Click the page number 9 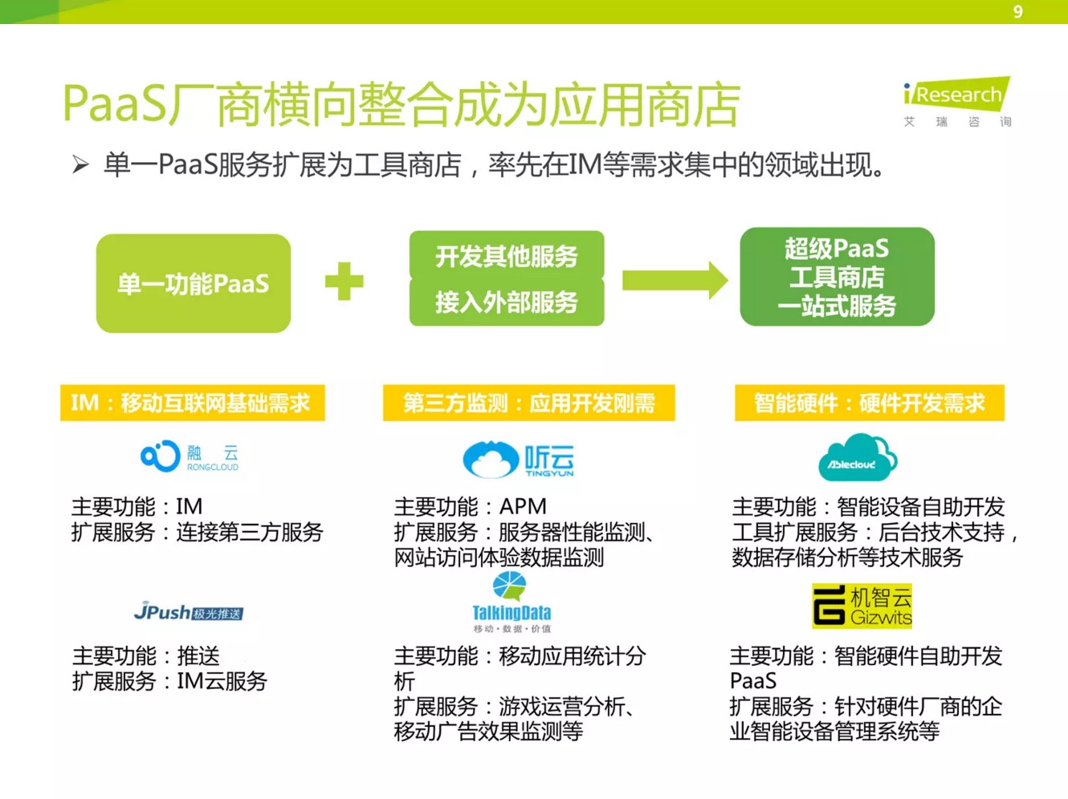pyautogui.click(x=1017, y=11)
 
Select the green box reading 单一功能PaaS pyautogui.click(x=194, y=283)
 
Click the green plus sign pyautogui.click(x=344, y=282)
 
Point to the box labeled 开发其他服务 pyautogui.click(x=507, y=255)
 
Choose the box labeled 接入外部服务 pyautogui.click(x=507, y=302)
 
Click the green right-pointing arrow pyautogui.click(x=675, y=281)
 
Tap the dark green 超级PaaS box pyautogui.click(x=837, y=277)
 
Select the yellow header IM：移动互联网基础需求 pyautogui.click(x=192, y=403)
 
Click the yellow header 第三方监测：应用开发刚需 pyautogui.click(x=528, y=403)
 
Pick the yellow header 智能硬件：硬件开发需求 pyautogui.click(x=869, y=403)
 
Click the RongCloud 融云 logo pyautogui.click(x=190, y=456)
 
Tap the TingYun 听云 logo pyautogui.click(x=519, y=460)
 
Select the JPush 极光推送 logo pyautogui.click(x=189, y=612)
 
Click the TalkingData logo pyautogui.click(x=512, y=602)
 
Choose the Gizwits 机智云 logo pyautogui.click(x=862, y=606)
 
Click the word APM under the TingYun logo pyautogui.click(x=523, y=507)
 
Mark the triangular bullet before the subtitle pyautogui.click(x=80, y=165)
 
